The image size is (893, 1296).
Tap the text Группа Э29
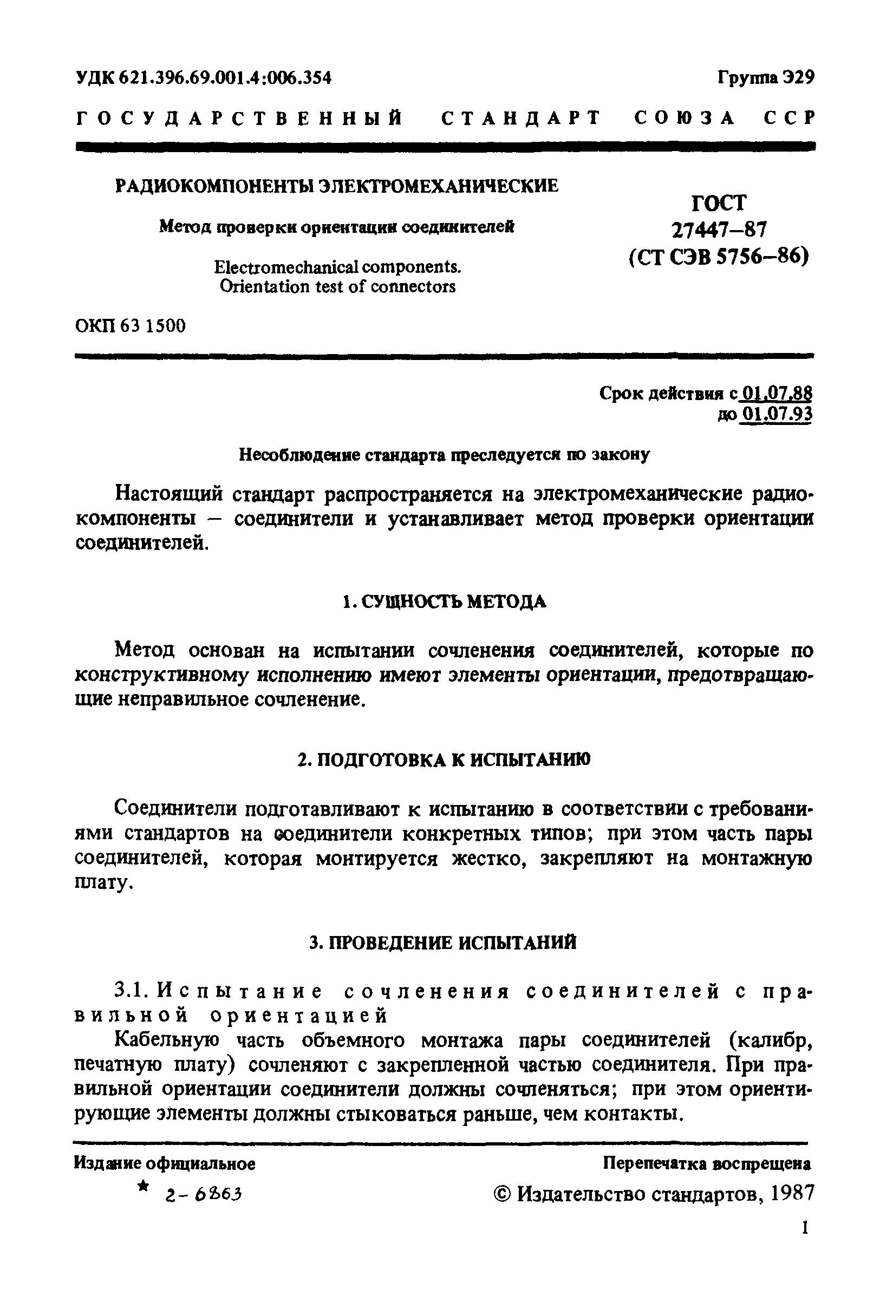(x=766, y=77)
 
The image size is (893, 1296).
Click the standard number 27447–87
(x=719, y=230)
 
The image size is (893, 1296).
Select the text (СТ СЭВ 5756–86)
(x=719, y=257)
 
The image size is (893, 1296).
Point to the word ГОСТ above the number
(x=719, y=203)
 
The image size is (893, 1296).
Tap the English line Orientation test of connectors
(x=337, y=287)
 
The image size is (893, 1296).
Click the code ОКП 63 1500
(x=130, y=325)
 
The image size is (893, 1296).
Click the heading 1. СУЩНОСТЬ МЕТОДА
(x=444, y=603)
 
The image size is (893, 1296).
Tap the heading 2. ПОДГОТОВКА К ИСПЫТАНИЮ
(x=443, y=760)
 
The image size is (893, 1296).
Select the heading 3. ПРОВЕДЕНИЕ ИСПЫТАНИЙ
(x=443, y=943)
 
